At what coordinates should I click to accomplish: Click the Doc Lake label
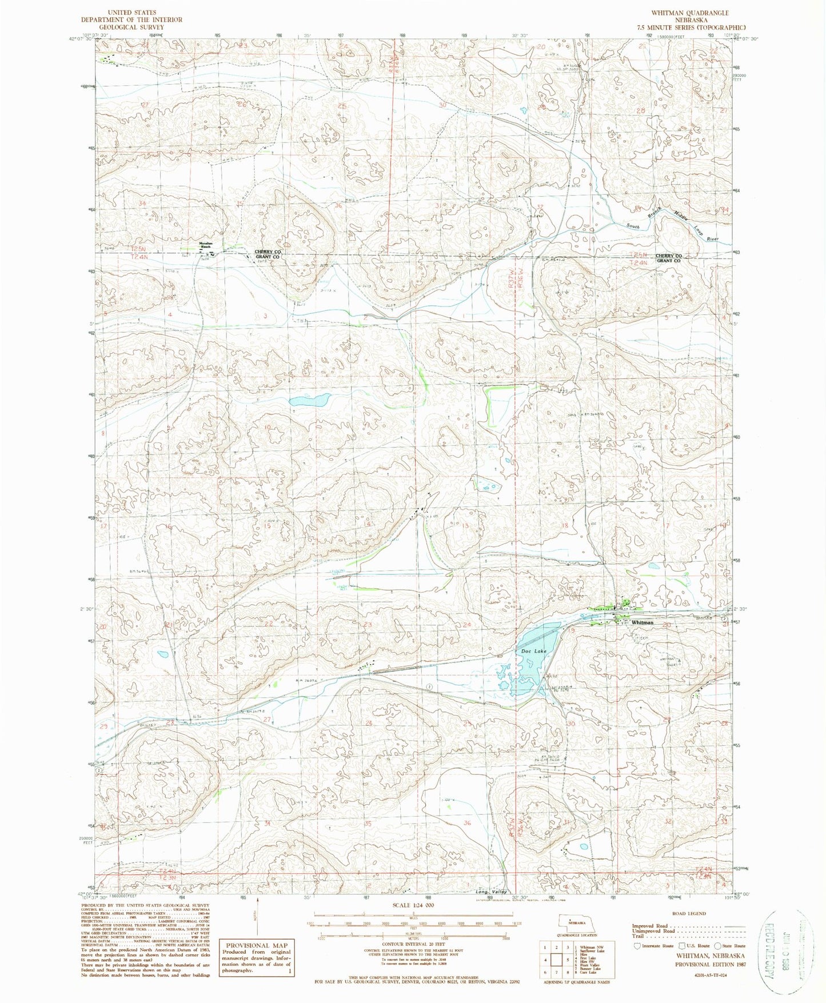533,651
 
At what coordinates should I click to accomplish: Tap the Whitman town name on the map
643,622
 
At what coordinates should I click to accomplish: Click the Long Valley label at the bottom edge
492,892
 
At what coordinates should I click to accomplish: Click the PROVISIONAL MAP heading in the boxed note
257,945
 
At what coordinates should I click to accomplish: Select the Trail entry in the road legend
638,936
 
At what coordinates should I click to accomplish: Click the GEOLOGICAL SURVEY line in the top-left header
131,27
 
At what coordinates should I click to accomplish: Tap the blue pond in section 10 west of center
309,399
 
